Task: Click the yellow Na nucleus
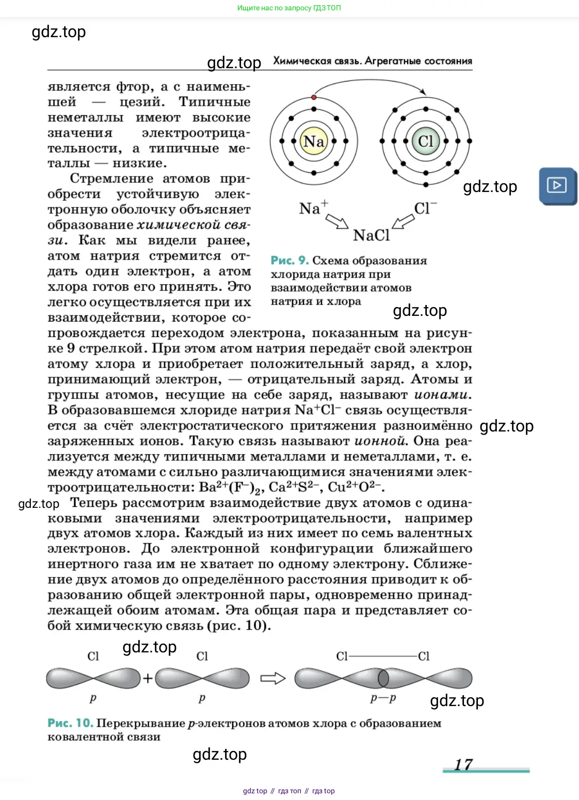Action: pos(314,141)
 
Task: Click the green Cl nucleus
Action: pos(426,141)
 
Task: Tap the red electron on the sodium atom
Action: pos(314,97)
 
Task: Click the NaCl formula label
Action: pos(371,235)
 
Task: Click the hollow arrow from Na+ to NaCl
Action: pos(337,221)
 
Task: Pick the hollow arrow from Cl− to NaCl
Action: pos(403,221)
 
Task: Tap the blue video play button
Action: pos(557,185)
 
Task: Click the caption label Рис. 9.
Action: pos(289,261)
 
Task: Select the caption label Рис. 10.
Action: pos(70,723)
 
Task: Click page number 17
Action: pos(463,764)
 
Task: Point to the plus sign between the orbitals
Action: pos(148,678)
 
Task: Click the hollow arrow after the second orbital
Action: pos(272,678)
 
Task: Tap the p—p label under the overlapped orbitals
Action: pos(383,698)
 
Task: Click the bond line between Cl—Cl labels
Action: pos(383,657)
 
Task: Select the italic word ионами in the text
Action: pos(442,395)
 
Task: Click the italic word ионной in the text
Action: pos(380,441)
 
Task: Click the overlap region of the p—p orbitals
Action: pos(383,678)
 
